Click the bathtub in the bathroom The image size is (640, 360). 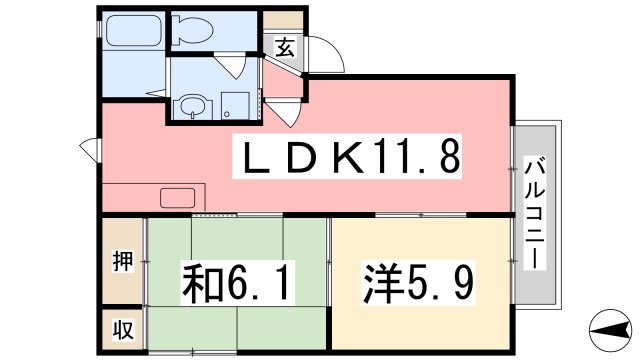click(x=134, y=29)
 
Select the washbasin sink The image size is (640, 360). click(x=192, y=105)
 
